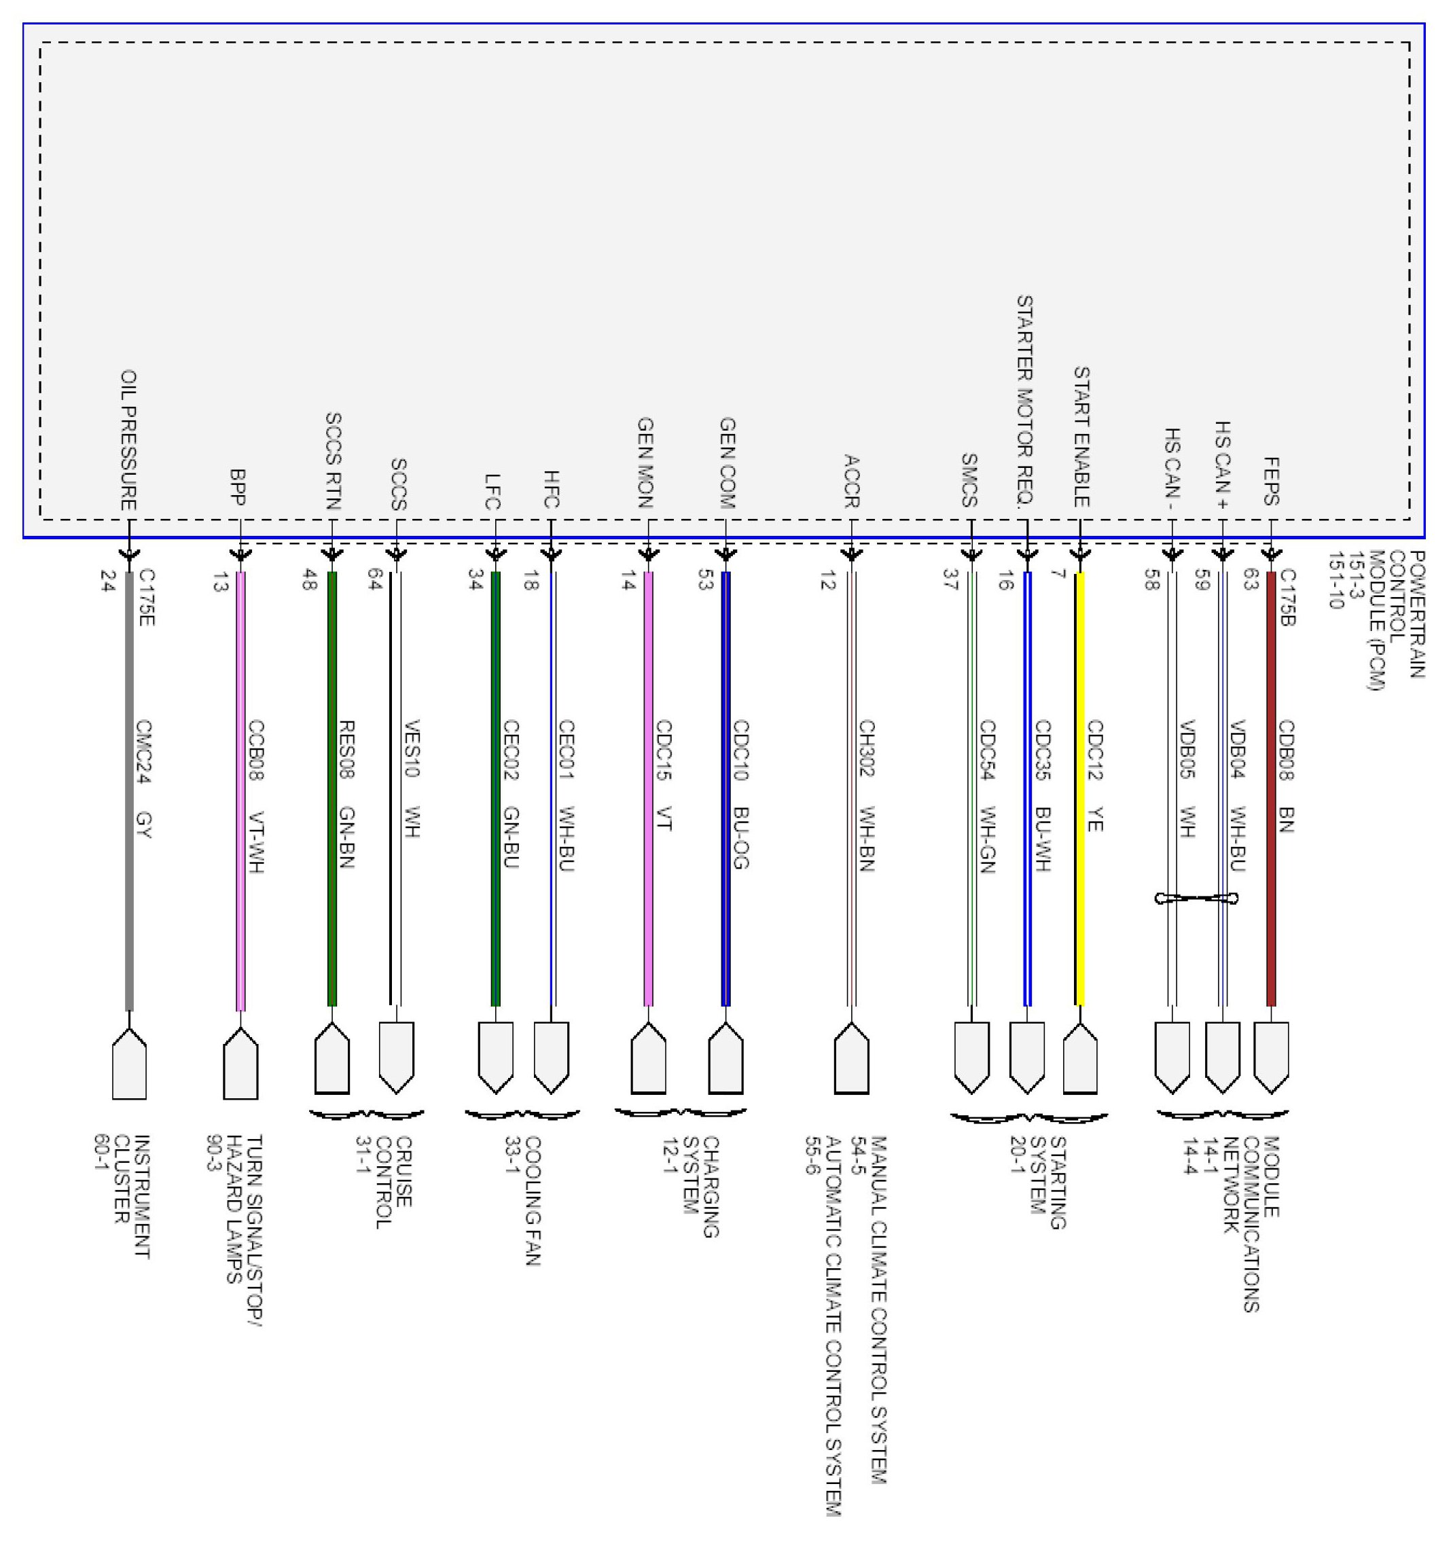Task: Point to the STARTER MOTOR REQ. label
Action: coord(1024,402)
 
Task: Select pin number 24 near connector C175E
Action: coord(108,581)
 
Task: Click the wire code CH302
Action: coord(866,748)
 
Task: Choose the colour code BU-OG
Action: coord(741,838)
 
